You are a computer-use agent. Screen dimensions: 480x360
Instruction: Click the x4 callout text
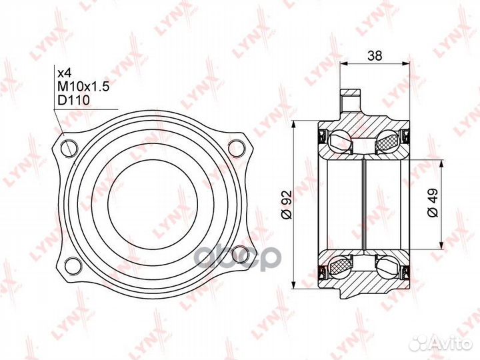coord(65,73)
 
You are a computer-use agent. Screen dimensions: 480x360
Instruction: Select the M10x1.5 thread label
coord(83,87)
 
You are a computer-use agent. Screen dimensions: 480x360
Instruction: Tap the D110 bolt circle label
coord(74,100)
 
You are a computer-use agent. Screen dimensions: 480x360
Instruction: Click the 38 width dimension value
coord(375,56)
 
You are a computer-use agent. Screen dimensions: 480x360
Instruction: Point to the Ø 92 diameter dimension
coord(287,205)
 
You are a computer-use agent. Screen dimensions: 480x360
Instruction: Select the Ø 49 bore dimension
coord(433,203)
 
